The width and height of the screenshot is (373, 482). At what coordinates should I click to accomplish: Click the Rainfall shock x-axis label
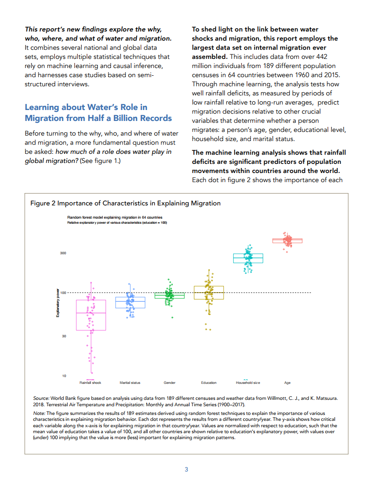(x=90, y=382)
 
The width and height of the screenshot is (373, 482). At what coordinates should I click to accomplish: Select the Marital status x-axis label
(x=130, y=382)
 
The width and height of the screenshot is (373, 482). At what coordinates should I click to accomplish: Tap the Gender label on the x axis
(x=170, y=382)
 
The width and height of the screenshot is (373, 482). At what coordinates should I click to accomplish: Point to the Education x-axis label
(x=208, y=382)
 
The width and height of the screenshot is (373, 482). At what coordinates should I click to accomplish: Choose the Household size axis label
(x=248, y=382)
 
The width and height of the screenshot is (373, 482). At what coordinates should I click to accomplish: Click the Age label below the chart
(x=287, y=382)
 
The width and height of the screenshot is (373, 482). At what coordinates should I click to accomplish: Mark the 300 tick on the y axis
(x=63, y=252)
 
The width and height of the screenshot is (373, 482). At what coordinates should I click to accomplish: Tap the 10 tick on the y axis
(x=64, y=376)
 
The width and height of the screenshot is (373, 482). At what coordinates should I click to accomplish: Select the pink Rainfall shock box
(x=91, y=314)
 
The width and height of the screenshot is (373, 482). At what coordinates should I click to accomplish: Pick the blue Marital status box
(x=130, y=302)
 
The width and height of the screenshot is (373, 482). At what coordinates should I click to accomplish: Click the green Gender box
(x=169, y=295)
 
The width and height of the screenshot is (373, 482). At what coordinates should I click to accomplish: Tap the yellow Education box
(x=208, y=293)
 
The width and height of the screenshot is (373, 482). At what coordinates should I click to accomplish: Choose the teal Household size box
(x=248, y=258)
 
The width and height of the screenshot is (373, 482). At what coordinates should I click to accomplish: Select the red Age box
(x=288, y=241)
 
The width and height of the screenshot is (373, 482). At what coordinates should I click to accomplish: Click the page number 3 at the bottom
(x=186, y=469)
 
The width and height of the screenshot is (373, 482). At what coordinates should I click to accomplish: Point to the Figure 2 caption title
(x=125, y=203)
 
